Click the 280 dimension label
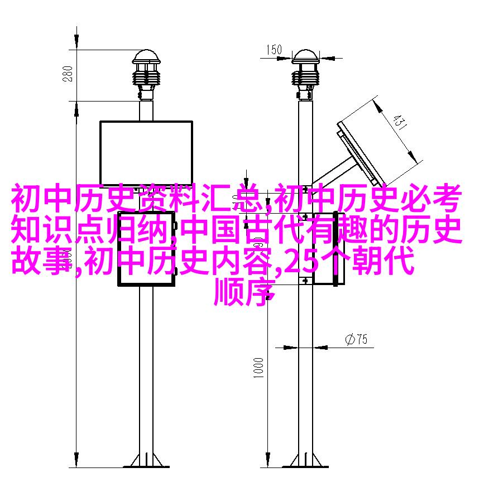pyautogui.click(x=68, y=74)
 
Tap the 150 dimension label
pyautogui.click(x=274, y=50)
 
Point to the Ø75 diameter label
pyautogui.click(x=356, y=339)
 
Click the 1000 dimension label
pyautogui.click(x=258, y=368)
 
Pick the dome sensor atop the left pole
pyautogui.click(x=146, y=75)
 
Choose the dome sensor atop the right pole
pyautogui.click(x=306, y=75)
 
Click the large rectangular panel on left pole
pyautogui.click(x=146, y=153)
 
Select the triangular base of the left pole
pyautogui.click(x=146, y=461)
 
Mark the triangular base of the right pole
pyautogui.click(x=305, y=461)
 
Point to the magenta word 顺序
pyautogui.click(x=244, y=292)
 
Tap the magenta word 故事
pyautogui.click(x=41, y=261)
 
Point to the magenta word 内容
pyautogui.click(x=243, y=261)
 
